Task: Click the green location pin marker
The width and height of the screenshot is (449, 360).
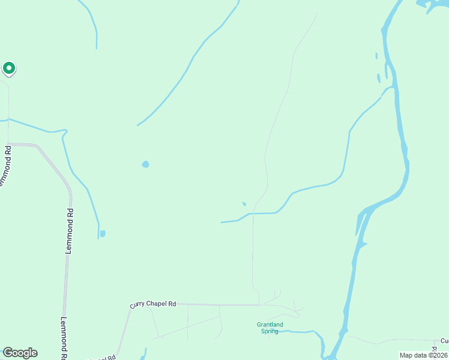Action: pos(8,68)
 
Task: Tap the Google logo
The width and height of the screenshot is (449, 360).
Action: pos(20,353)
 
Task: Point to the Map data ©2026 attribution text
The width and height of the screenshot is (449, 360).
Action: pos(424,355)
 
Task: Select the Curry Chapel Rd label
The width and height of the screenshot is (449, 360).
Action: pos(153,304)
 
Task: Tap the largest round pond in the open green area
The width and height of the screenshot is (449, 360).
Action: pos(145,164)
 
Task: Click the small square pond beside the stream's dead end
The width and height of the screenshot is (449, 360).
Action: pos(103,233)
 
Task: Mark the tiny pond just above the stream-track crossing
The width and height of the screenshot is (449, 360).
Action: pos(244,204)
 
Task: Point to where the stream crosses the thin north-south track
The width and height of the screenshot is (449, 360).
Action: pos(253,213)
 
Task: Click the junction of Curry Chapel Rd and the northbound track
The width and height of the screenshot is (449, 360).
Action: pos(259,305)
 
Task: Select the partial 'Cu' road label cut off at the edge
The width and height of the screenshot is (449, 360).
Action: pos(444,341)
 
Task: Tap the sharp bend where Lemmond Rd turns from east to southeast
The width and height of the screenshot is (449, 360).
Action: pos(37,146)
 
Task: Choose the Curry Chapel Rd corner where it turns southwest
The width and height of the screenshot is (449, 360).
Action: pos(130,309)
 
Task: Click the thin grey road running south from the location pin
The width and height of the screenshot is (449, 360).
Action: pos(8,99)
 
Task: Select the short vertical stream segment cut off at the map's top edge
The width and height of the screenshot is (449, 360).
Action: pos(96,39)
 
